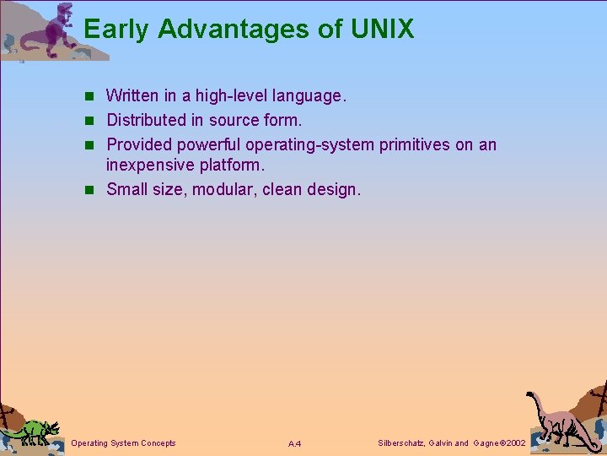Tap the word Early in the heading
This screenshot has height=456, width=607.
point(117,30)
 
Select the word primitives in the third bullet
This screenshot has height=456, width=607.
point(415,144)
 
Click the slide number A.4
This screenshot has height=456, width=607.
point(294,444)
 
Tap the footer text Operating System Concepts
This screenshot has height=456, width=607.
point(124,443)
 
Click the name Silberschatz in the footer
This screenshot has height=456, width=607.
point(400,443)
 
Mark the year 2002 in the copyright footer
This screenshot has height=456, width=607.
point(513,443)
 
